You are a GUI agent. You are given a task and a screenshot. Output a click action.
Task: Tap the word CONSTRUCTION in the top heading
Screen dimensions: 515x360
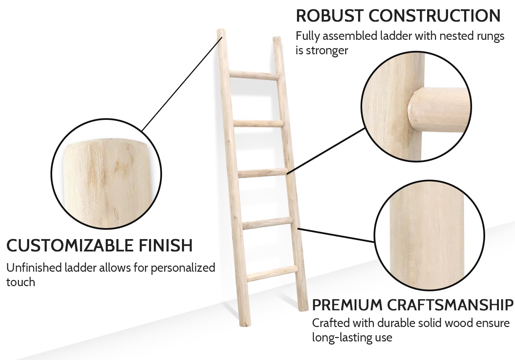click(x=435, y=16)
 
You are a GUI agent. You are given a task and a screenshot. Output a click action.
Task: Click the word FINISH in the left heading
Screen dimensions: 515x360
click(x=165, y=246)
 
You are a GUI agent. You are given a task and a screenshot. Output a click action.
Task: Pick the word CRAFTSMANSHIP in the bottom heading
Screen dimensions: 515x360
click(x=450, y=305)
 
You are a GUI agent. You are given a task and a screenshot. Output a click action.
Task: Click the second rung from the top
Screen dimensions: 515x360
click(x=259, y=124)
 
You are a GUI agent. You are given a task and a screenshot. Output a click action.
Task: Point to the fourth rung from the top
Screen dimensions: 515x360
click(x=268, y=223)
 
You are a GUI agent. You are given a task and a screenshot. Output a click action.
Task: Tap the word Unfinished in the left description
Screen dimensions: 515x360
click(x=34, y=268)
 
